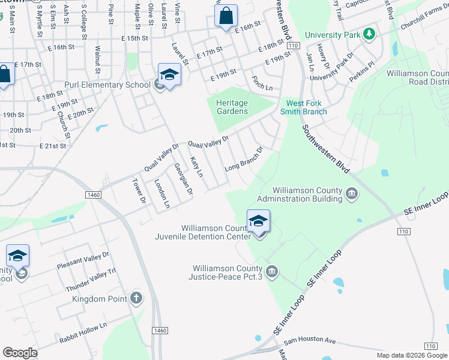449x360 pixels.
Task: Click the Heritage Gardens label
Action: click(232, 107)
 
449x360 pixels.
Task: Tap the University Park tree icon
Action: click(370, 34)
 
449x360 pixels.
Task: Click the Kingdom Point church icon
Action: click(136, 298)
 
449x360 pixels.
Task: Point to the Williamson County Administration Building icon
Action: click(352, 194)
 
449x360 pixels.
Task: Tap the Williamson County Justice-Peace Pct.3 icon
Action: click(272, 272)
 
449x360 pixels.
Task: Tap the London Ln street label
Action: click(162, 193)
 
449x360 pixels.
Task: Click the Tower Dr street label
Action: click(139, 190)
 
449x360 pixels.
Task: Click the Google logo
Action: click(20, 353)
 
